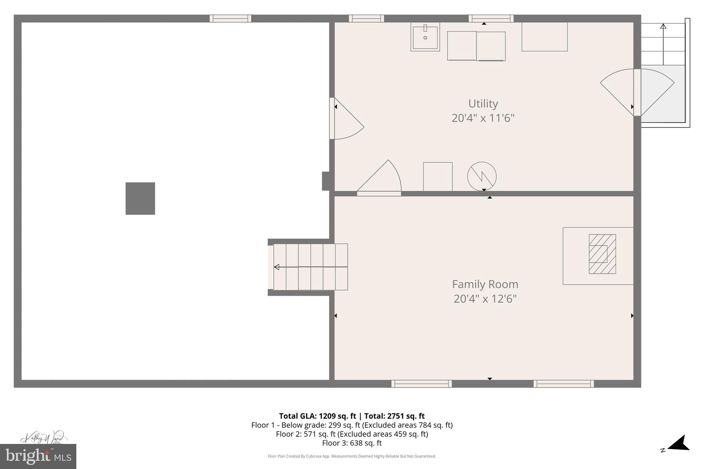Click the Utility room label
483,103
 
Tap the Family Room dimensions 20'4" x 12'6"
485,299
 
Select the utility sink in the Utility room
425,37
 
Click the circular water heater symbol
482,176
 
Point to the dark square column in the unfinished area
140,199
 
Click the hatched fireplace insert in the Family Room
602,254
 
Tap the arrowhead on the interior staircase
277,267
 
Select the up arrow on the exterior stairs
663,26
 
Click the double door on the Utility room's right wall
637,92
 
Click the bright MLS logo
38,456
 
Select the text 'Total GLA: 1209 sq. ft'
317,416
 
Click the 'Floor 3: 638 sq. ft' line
352,443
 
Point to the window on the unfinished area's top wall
230,19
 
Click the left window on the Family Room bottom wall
421,384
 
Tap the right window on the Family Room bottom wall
563,384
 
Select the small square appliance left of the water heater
438,177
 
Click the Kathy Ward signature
43,438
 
